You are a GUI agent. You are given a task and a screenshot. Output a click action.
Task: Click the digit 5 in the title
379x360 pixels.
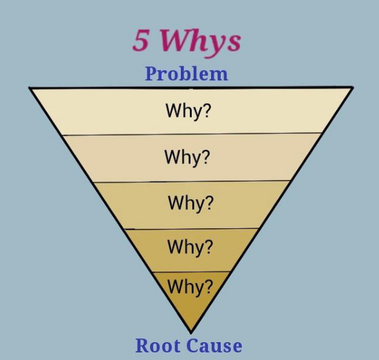140,40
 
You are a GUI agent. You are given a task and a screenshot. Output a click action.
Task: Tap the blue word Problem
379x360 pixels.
186,74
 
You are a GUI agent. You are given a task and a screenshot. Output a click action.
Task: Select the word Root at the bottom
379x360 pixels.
158,346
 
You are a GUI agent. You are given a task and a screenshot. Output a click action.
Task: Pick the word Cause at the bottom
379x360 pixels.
214,346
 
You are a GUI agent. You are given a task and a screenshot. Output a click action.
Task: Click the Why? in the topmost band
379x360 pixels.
188,111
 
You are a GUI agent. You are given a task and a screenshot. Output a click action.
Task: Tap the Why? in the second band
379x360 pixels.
188,157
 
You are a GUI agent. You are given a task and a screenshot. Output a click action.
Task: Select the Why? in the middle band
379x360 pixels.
191,204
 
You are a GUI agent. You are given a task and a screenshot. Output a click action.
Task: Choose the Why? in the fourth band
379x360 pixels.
190,248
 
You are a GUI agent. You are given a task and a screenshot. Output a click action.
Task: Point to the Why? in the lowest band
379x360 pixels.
190,287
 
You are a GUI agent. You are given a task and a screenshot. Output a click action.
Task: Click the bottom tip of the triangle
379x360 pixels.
191,334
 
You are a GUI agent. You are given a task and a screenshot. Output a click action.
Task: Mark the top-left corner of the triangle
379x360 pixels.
30,88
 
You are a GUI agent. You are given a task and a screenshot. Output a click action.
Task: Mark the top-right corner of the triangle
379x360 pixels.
353,87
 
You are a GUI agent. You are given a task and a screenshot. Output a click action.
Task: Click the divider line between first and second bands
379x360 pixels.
192,134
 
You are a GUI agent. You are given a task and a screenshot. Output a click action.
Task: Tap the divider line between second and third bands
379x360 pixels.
191,181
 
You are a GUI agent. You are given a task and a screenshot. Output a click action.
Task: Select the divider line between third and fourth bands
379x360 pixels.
191,229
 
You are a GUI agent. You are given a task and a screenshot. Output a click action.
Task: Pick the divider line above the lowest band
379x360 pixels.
191,272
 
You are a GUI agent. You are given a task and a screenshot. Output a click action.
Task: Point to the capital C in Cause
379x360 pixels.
193,346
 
